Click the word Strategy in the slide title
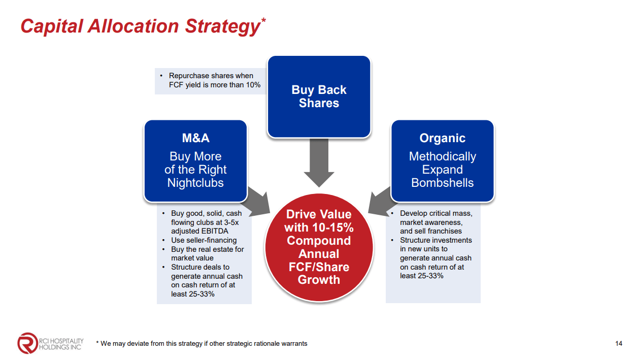pyautogui.click(x=222, y=27)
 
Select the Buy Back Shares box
pyautogui.click(x=319, y=97)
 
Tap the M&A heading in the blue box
pyautogui.click(x=195, y=138)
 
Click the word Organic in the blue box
pyautogui.click(x=443, y=138)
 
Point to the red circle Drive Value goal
pyautogui.click(x=319, y=247)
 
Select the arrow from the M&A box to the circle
pyautogui.click(x=258, y=203)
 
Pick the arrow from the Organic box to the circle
pyautogui.click(x=381, y=203)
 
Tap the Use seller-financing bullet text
pyautogui.click(x=204, y=240)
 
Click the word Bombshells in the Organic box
pyautogui.click(x=443, y=183)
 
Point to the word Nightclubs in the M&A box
pyautogui.click(x=195, y=183)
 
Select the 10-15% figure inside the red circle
pyautogui.click(x=333, y=227)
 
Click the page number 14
pyautogui.click(x=619, y=343)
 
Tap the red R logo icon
pyautogui.click(x=27, y=343)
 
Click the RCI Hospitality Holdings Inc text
pyautogui.click(x=61, y=344)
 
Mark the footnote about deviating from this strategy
pyautogui.click(x=202, y=343)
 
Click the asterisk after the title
pyautogui.click(x=263, y=20)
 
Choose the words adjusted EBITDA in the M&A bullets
pyautogui.click(x=199, y=231)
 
